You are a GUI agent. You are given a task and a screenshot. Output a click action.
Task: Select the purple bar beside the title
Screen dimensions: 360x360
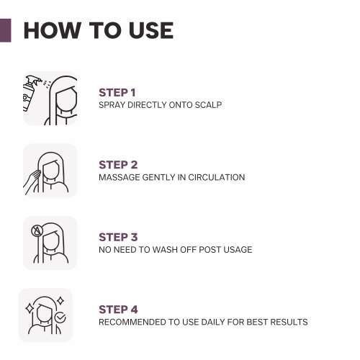pos(5,30)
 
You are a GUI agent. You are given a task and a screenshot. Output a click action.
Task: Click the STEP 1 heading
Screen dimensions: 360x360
pos(117,92)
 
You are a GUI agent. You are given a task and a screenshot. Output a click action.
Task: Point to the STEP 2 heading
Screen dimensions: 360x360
pos(118,165)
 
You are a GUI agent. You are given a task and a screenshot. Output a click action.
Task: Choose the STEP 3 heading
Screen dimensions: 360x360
pos(118,237)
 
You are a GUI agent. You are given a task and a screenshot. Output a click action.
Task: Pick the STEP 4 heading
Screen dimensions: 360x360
pos(118,309)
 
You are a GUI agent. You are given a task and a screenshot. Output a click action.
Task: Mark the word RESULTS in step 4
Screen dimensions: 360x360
pos(289,321)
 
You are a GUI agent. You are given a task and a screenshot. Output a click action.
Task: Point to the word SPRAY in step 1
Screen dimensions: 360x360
pos(113,105)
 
